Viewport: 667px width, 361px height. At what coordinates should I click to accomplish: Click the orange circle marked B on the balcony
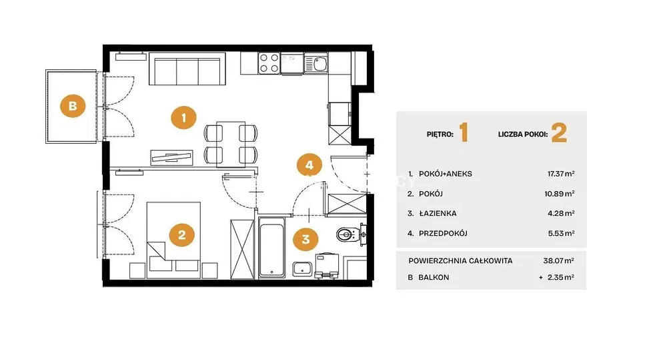pos(73,105)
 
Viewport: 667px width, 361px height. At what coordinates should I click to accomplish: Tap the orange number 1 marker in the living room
pos(184,117)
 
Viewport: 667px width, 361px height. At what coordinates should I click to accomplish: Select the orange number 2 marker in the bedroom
pos(181,235)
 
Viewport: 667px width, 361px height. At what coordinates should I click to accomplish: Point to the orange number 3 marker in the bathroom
pos(305,239)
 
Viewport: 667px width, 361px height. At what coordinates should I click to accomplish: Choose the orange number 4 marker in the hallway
pos(309,165)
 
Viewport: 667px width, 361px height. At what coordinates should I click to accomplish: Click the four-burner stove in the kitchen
pos(269,63)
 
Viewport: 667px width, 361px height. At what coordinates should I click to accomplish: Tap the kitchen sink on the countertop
pos(315,63)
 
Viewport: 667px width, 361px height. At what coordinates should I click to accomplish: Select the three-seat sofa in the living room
pos(187,69)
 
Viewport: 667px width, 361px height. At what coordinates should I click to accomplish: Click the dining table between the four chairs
pos(231,144)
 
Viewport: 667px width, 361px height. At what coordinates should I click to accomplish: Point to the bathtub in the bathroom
pos(272,247)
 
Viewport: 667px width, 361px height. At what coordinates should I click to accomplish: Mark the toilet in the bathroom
pos(352,234)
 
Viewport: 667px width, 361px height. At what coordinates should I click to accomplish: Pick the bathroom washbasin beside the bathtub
pos(302,269)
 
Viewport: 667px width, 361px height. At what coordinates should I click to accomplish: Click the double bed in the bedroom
pos(173,240)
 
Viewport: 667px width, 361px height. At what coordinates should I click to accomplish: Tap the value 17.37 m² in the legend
pos(561,174)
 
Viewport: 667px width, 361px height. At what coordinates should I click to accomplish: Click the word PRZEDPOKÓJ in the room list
pos(444,233)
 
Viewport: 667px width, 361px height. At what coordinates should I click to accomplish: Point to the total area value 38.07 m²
pos(558,260)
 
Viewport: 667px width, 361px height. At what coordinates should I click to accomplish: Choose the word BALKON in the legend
pos(434,277)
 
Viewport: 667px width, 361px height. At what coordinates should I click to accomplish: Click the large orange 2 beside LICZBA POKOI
pos(559,133)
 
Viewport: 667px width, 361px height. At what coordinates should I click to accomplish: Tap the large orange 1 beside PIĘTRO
pos(464,133)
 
